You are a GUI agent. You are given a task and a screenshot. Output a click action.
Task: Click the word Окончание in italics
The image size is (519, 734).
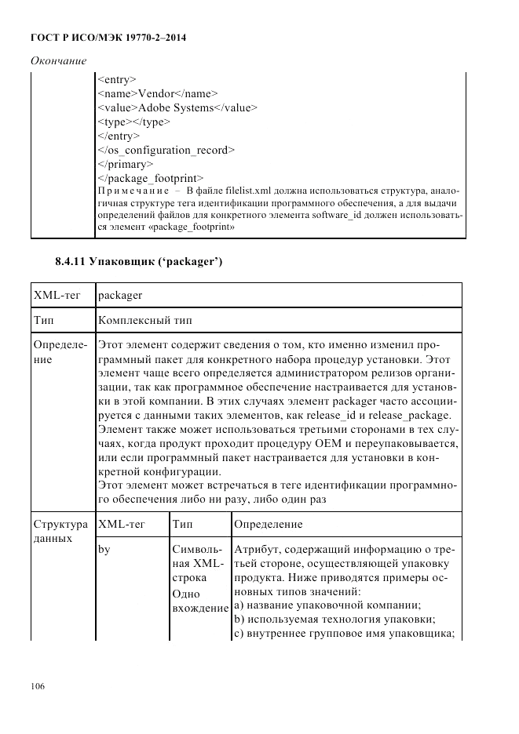[x=58, y=60]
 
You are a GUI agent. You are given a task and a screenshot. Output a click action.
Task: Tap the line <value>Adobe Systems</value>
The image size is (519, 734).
[x=177, y=107]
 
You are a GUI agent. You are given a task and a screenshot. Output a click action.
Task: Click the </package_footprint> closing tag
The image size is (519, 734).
[x=151, y=178]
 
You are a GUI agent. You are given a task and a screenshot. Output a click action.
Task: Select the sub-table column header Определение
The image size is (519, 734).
[x=268, y=523]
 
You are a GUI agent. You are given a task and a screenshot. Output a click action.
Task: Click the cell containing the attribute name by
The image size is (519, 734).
[x=104, y=550]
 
